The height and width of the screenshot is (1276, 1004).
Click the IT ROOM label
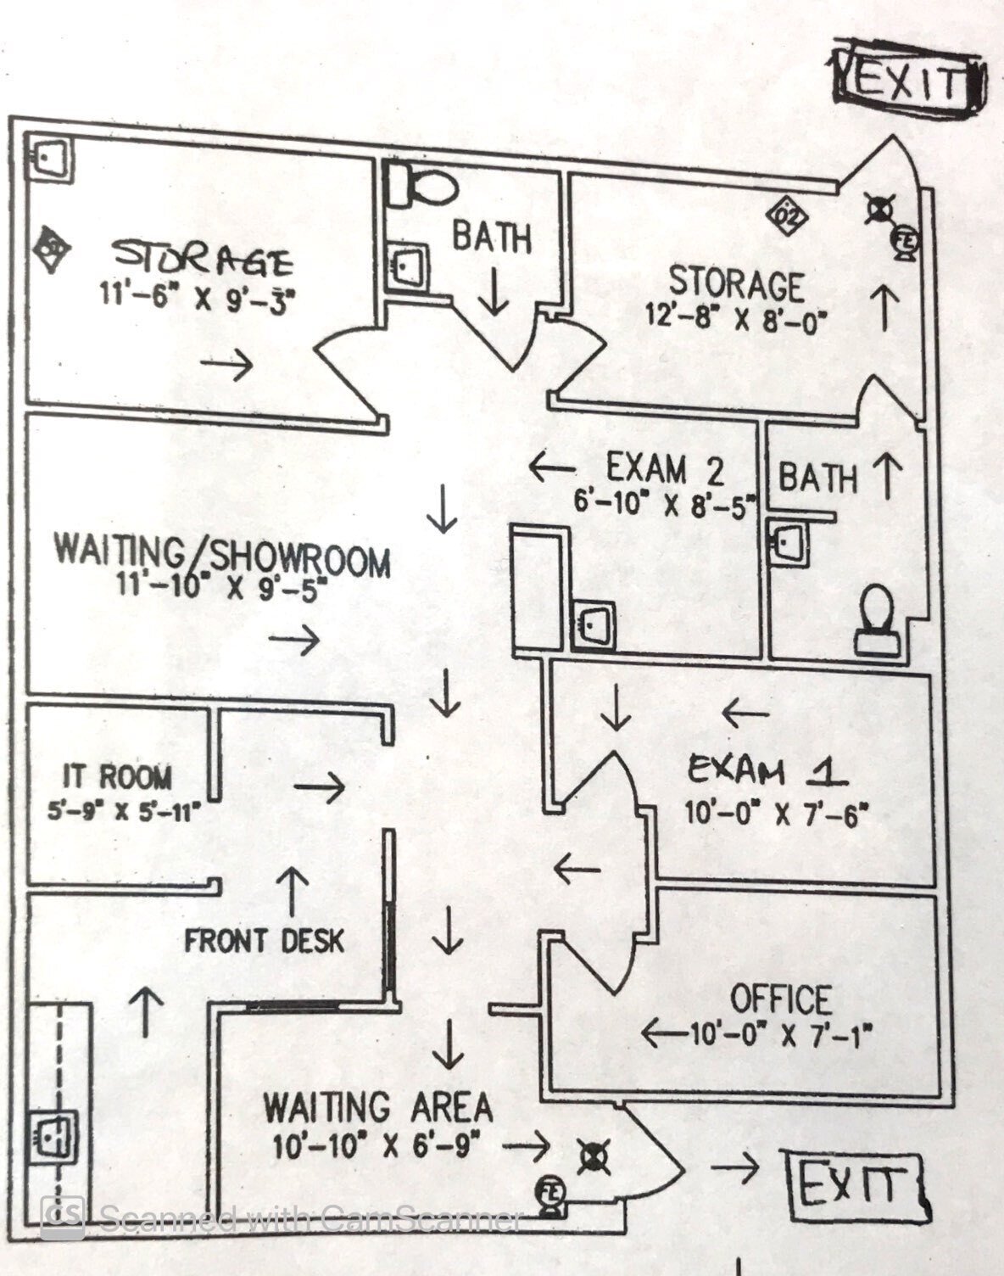117,776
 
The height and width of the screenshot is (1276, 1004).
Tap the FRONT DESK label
265,940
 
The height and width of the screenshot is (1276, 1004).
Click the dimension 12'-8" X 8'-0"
736,321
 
